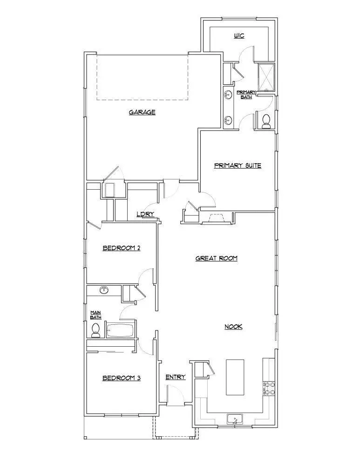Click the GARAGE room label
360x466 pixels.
click(142, 112)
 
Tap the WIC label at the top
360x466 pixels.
click(238, 36)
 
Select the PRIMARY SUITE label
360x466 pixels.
click(238, 165)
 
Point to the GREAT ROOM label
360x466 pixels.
click(217, 258)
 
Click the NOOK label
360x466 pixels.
click(233, 327)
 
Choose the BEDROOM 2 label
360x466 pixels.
click(122, 248)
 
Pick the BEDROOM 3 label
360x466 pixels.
click(122, 378)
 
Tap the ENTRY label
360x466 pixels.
click(176, 377)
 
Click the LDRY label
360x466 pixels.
click(145, 214)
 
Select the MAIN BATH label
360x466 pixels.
click(95, 315)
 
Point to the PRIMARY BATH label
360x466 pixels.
click(246, 95)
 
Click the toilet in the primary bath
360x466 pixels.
click(266, 121)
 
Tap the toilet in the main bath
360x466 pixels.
click(96, 330)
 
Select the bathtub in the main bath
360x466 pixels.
click(120, 330)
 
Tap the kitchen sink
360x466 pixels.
click(236, 420)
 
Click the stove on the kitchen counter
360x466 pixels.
click(269, 388)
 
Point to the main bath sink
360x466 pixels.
click(104, 291)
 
